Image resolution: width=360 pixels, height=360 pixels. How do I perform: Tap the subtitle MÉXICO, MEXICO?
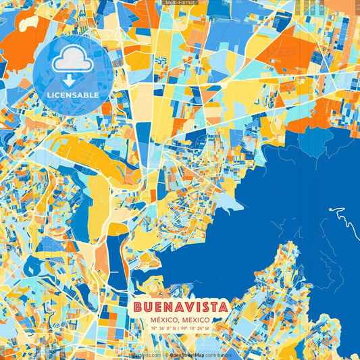[x=180, y=319]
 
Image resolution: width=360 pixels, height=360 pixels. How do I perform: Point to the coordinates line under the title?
[x=180, y=328]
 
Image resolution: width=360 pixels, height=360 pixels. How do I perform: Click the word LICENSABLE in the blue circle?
[x=73, y=95]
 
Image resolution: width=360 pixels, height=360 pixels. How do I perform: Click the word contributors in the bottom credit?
[x=217, y=355]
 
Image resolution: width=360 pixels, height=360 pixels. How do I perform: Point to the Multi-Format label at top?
[x=180, y=3]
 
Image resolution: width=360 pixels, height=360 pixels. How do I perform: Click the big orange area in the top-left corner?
[x=20, y=41]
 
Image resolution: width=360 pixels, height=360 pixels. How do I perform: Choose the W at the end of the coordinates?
[x=207, y=328]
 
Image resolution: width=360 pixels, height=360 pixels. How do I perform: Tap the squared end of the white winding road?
[x=331, y=209]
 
